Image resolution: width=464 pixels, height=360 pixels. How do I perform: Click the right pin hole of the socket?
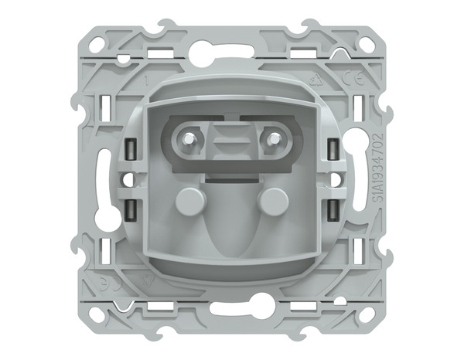(x=272, y=141)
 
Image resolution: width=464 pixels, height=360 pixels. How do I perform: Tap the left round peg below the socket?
(x=186, y=202)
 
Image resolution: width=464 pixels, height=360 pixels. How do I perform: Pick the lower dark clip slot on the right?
(x=332, y=209)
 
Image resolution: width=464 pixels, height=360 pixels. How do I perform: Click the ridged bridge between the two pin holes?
(x=230, y=141)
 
